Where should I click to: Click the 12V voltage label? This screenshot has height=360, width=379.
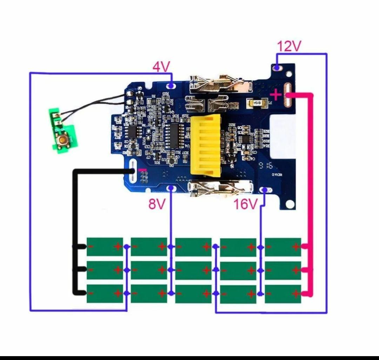pos(289,46)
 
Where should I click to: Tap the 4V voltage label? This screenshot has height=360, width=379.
pos(161,66)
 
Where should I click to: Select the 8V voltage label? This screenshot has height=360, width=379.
pos(157,204)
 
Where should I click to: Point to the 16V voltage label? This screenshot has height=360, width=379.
pos(246,204)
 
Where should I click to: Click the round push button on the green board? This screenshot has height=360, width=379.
pos(63,140)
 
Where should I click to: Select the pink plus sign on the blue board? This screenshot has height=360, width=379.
pos(276,95)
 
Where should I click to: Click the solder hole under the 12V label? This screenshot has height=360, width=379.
pos(277,67)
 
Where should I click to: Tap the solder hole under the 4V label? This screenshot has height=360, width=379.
pos(171,85)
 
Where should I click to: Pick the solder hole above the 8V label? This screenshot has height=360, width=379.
pos(171,189)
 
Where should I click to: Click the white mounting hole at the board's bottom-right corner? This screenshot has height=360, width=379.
pos(289,204)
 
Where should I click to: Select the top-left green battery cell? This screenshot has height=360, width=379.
pos(105,246)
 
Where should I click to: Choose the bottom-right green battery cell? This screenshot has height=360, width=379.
pos(283,294)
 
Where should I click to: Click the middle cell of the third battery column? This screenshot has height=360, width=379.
pos(193,270)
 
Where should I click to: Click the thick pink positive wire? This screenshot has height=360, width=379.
pos(311,193)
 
